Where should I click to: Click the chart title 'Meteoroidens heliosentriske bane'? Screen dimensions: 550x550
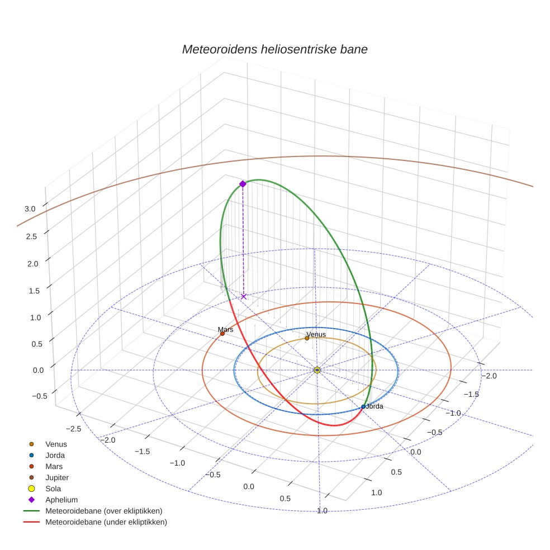pos(274,49)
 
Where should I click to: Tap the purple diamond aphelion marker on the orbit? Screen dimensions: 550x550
pos(243,184)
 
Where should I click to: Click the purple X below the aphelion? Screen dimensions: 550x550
pos(243,296)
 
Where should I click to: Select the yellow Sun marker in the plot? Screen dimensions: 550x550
pos(317,370)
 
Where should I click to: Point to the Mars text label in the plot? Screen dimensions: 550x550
pos(225,329)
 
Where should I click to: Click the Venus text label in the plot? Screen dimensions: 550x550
pos(316,334)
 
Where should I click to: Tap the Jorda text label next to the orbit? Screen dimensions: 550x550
pos(374,406)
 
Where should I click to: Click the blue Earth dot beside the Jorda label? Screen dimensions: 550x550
pos(363,407)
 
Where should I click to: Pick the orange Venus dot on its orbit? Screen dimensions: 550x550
pos(307,338)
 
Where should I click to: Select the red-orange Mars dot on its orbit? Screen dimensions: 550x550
pos(222,334)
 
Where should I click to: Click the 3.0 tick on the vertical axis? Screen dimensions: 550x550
pos(30,208)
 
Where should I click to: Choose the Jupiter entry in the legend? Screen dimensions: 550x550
pos(56,477)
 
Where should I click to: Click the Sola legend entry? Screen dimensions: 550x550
pos(54,489)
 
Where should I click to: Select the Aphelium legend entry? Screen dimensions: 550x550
pos(61,500)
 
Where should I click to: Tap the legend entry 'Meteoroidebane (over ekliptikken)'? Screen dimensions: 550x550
pos(103,511)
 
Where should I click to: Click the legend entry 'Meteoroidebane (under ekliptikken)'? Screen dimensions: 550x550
pos(106,522)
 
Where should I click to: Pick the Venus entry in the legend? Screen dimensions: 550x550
pos(56,444)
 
